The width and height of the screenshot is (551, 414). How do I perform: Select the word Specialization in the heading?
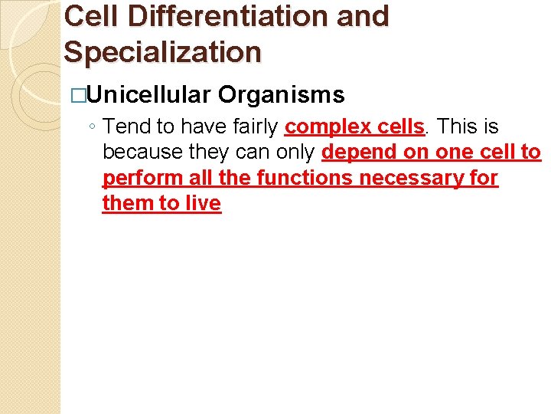pyautogui.click(x=163, y=51)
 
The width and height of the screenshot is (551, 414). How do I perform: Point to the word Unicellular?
pyautogui.click(x=149, y=95)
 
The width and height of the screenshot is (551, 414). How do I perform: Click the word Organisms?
pyautogui.click(x=281, y=95)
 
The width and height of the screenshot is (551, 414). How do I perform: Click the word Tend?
pyautogui.click(x=127, y=126)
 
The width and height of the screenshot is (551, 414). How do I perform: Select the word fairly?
pyautogui.click(x=253, y=126)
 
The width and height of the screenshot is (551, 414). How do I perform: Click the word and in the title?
pyautogui.click(x=361, y=15)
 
